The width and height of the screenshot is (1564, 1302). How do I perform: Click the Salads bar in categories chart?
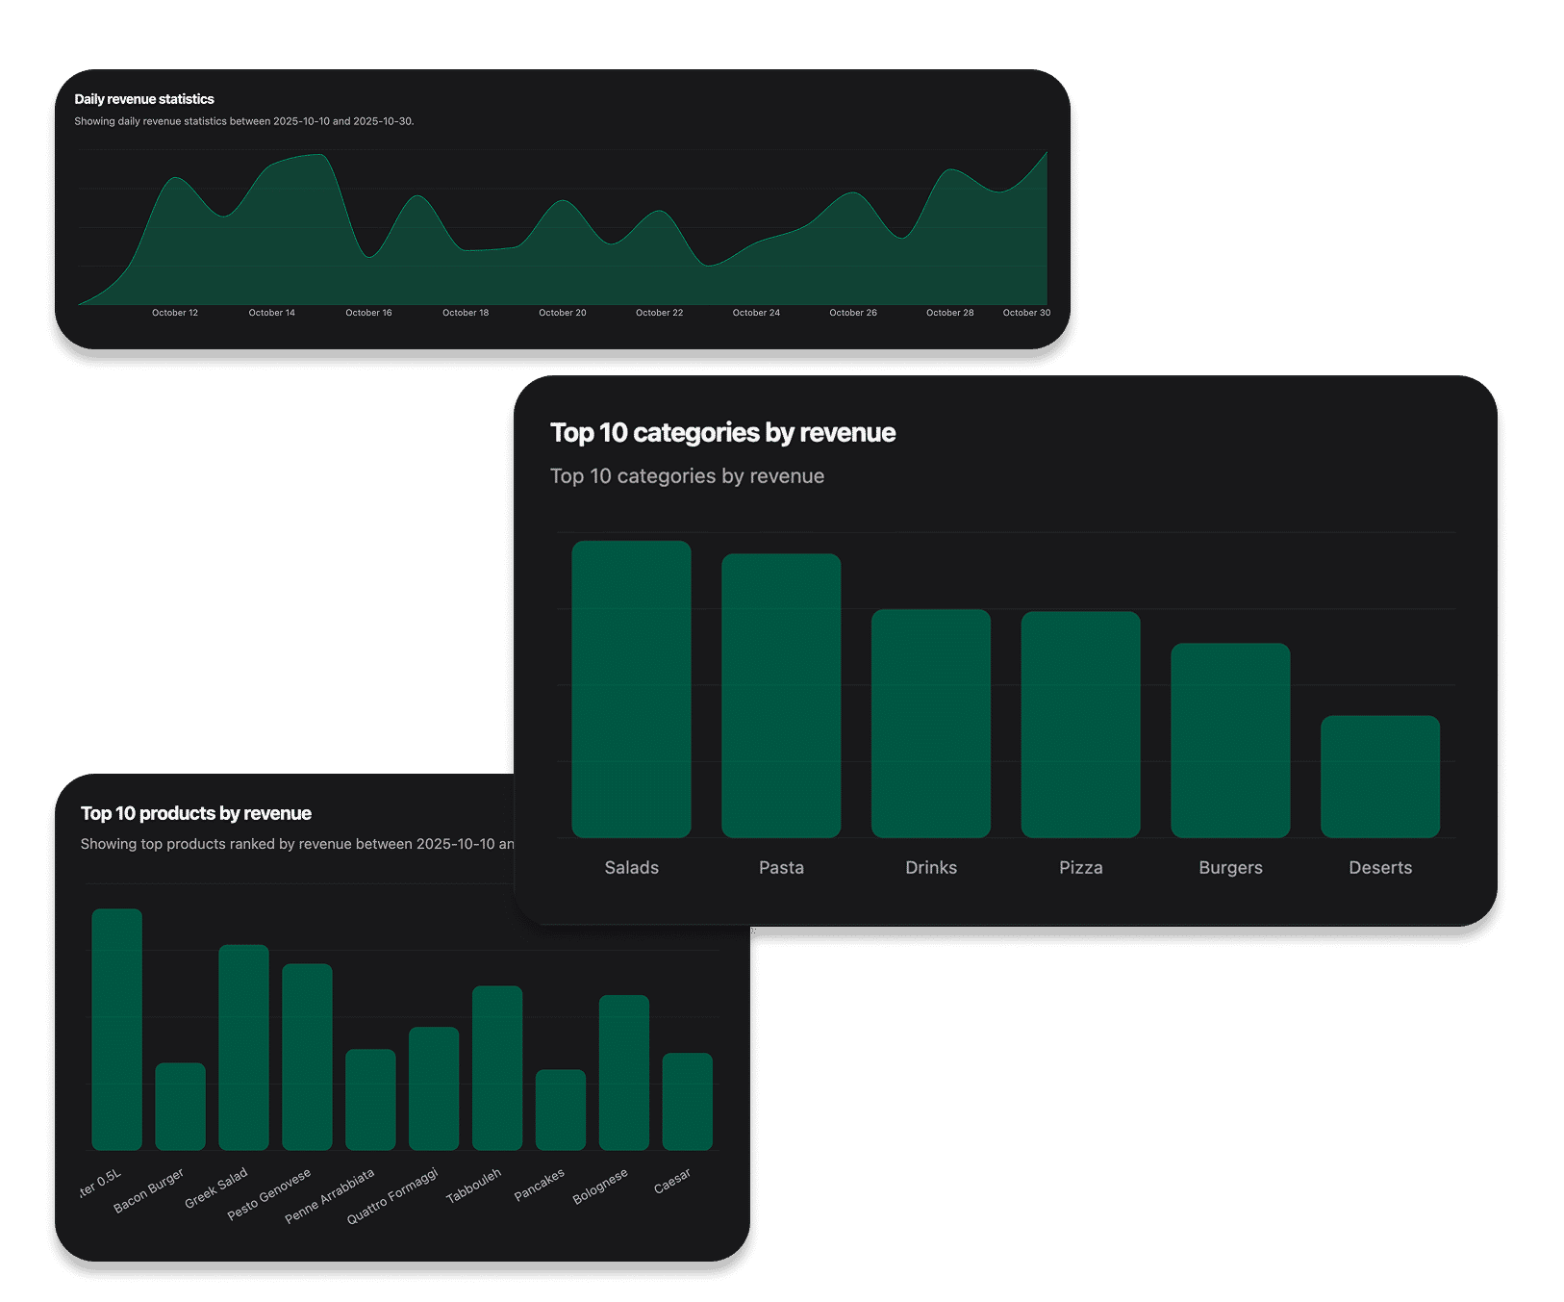tap(631, 689)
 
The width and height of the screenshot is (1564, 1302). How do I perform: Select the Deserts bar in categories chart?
tap(1379, 776)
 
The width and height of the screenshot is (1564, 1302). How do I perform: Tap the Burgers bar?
tap(1230, 740)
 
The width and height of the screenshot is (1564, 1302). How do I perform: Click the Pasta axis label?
tap(781, 867)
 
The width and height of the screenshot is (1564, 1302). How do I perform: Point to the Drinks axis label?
tap(931, 867)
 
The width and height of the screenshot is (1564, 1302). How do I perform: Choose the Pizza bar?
tap(1080, 724)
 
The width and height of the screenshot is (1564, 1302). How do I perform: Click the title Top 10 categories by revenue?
tap(722, 433)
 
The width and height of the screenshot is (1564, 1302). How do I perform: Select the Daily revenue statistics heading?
tap(144, 99)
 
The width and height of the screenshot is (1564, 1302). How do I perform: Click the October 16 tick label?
tap(368, 313)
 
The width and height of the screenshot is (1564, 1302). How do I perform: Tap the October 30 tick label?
tap(1026, 313)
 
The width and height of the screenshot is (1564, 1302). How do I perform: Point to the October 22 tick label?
tap(659, 313)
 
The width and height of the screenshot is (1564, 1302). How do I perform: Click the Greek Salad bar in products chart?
tap(243, 1047)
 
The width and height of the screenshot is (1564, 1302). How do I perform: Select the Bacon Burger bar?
tap(180, 1106)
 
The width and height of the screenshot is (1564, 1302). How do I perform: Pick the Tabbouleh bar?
tap(497, 1067)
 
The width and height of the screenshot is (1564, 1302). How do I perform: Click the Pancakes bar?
tap(561, 1110)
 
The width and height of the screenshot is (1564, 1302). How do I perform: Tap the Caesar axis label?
tap(671, 1181)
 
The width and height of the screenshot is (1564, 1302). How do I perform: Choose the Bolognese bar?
tap(624, 1072)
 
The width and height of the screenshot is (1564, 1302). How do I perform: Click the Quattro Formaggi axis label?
tap(392, 1196)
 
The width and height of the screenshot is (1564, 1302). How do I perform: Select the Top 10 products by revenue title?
tap(196, 813)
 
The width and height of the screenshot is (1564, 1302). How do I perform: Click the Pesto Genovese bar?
tap(307, 1057)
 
